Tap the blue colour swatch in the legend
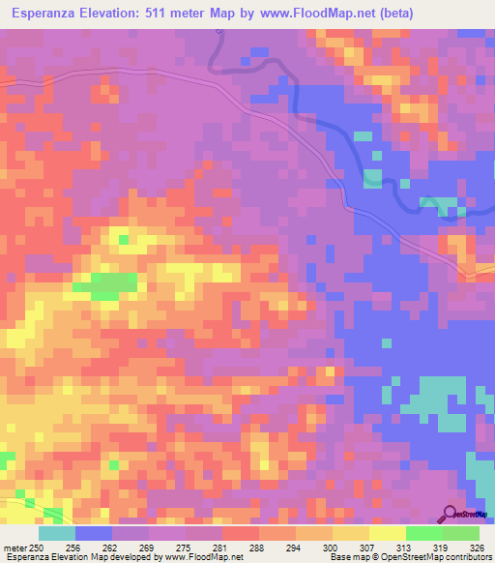[94, 533]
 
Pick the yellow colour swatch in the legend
[387, 533]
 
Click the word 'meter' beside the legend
[15, 548]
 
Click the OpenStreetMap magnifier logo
[449, 514]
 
